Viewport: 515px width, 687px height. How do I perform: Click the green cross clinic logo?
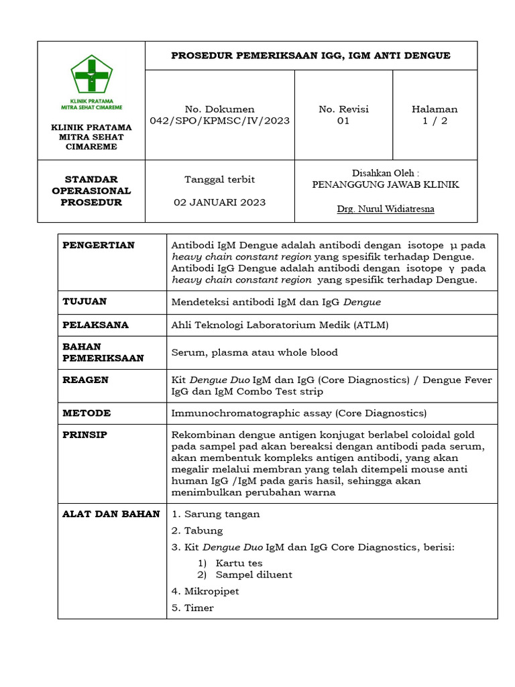point(91,76)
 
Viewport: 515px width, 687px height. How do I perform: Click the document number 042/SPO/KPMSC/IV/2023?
point(220,121)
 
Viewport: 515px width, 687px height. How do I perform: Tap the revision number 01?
point(343,121)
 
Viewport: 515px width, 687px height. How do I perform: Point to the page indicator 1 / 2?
point(435,121)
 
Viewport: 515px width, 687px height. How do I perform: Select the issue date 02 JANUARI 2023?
point(220,202)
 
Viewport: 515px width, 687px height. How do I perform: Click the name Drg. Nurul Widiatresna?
point(386,209)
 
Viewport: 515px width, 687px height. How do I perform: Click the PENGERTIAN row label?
point(99,246)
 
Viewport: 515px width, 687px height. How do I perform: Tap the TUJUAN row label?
point(84,302)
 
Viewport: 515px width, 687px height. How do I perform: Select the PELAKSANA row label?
point(95,325)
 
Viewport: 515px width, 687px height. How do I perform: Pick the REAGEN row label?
point(85,380)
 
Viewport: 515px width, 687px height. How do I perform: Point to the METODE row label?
point(87,413)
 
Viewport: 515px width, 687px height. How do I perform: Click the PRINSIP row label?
point(84,435)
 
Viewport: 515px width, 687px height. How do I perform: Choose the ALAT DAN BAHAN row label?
point(111,514)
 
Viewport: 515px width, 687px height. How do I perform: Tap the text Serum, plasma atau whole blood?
point(255,352)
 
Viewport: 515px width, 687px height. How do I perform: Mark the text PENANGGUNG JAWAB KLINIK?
point(386,184)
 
